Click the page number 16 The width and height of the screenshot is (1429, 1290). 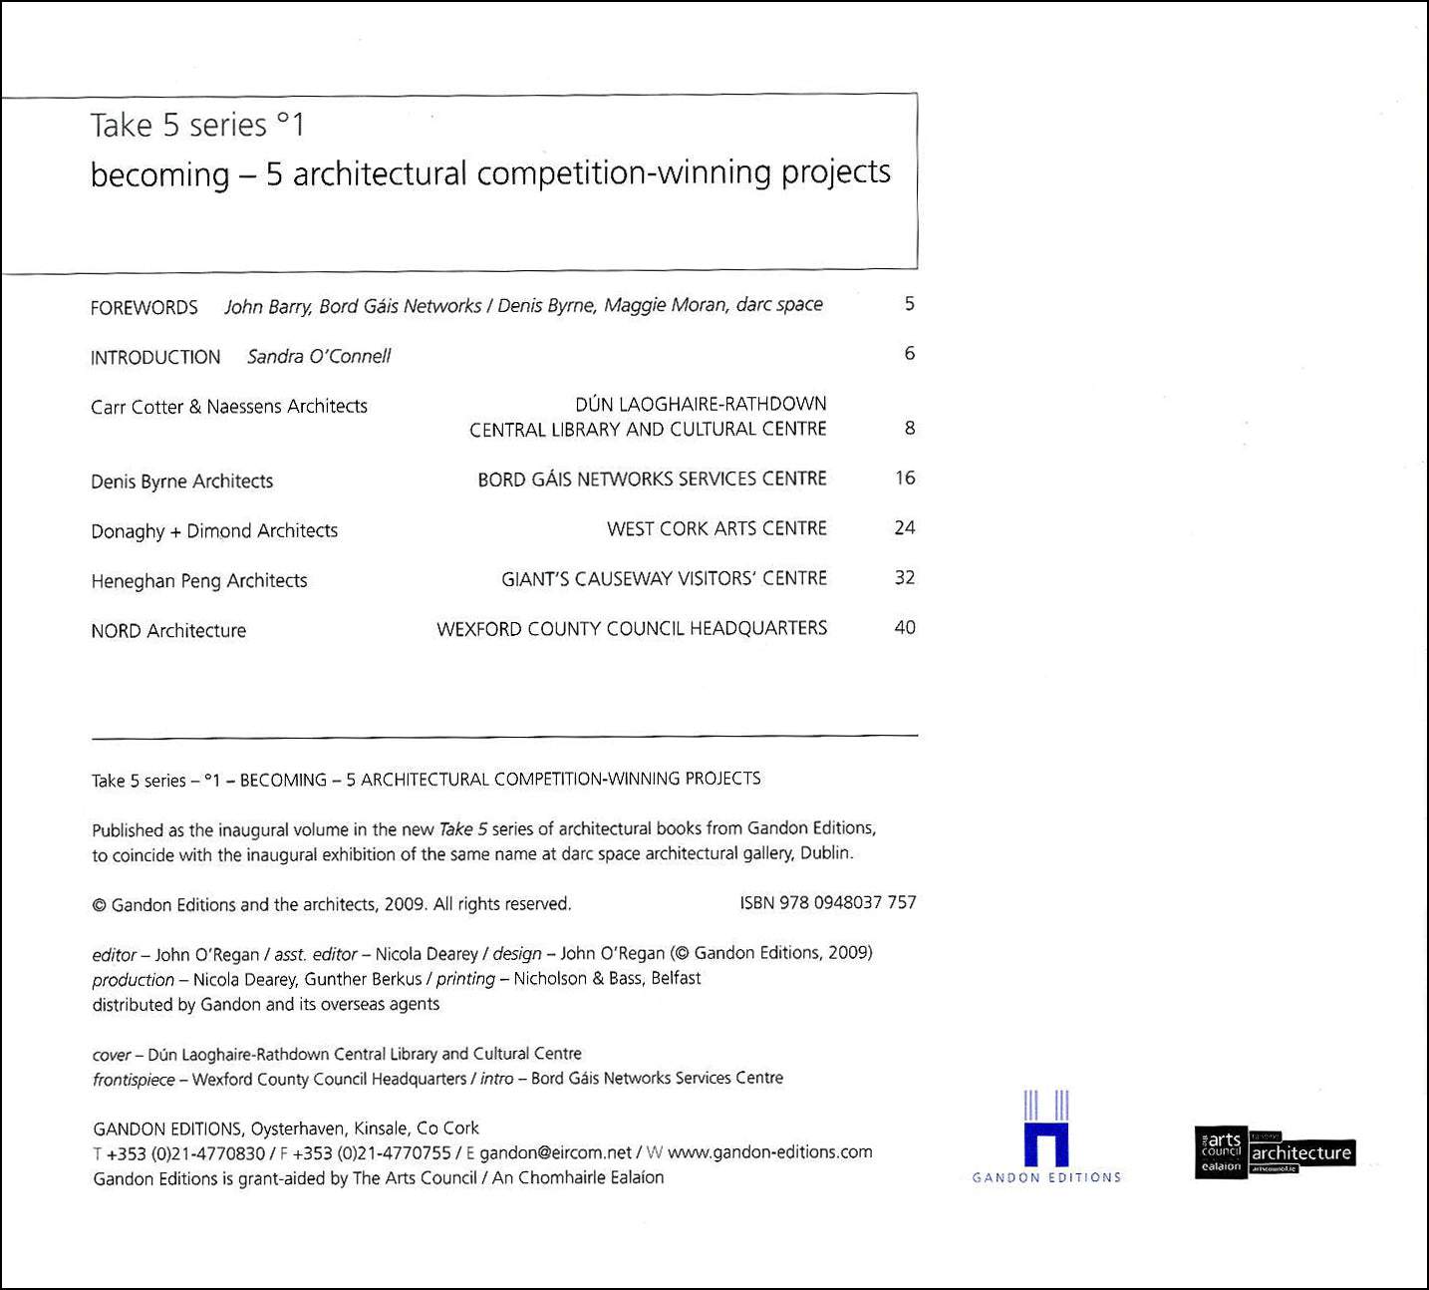coord(905,479)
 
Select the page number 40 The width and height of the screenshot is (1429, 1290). coord(905,628)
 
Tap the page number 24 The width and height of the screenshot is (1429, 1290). coord(905,528)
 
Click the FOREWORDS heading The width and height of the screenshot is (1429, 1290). coord(144,308)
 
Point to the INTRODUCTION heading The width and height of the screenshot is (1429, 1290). coord(155,358)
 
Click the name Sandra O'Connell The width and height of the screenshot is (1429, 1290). coord(319,357)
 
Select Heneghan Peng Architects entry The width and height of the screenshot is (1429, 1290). coord(199,581)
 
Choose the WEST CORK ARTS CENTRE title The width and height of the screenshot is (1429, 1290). coord(716,529)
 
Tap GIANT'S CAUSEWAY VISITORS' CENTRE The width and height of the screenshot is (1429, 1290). coord(664,579)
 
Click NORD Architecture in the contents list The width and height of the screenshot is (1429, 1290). coord(168,631)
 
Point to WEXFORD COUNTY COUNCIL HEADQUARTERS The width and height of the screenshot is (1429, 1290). coord(632,629)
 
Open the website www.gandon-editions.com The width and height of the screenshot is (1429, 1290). coord(769,1152)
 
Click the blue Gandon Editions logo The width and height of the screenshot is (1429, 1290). coord(1046,1136)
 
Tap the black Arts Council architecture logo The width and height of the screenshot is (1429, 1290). coord(1275,1152)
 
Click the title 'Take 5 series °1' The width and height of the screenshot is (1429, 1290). coord(197,126)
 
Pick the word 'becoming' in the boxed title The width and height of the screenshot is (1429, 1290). coord(159,175)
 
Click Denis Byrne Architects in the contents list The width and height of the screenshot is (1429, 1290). coord(181,482)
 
